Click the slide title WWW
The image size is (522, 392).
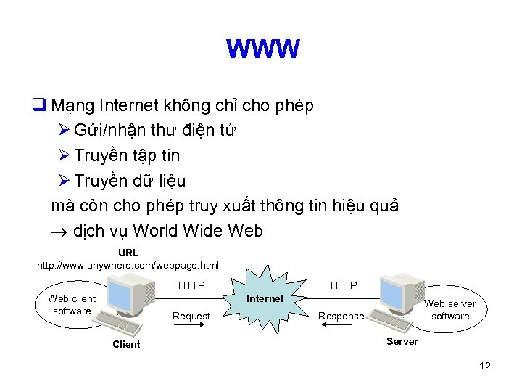(x=262, y=49)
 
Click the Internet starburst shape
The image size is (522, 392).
(x=265, y=298)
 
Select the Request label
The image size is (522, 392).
(x=191, y=316)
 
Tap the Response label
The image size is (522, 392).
(x=341, y=316)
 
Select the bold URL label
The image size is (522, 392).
(x=128, y=253)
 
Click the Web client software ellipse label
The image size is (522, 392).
(x=72, y=304)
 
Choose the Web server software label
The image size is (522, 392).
(x=450, y=309)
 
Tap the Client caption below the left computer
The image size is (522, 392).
(x=126, y=344)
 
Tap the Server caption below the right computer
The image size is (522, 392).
(x=402, y=341)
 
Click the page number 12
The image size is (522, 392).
(x=485, y=366)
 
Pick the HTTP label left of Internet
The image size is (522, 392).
(x=191, y=285)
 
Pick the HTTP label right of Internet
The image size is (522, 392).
(x=344, y=285)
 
